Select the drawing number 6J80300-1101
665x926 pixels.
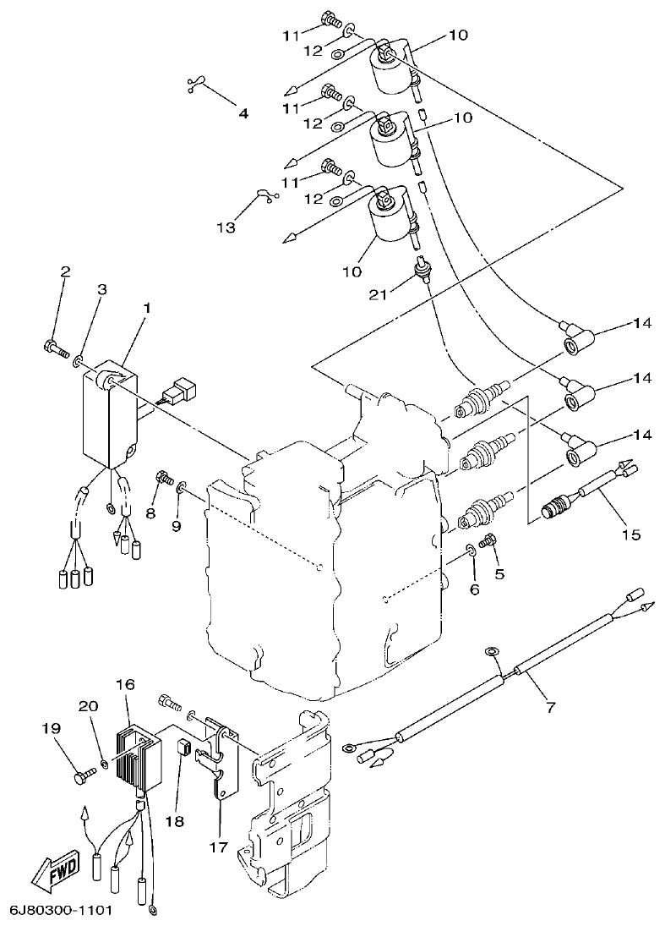point(60,911)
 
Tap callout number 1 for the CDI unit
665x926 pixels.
point(147,309)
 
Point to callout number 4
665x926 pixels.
point(243,112)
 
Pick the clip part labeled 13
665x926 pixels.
point(264,197)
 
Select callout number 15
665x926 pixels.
point(632,534)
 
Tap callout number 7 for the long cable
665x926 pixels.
point(550,707)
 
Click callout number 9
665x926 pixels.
point(177,526)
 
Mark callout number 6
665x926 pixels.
point(474,589)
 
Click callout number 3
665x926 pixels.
point(101,290)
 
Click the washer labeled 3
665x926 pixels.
point(77,362)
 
